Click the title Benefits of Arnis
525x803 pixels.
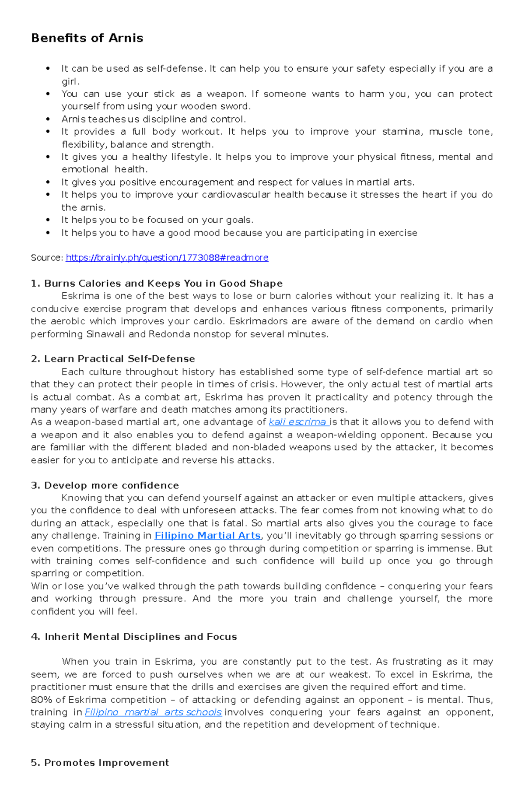87,38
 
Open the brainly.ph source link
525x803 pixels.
167,258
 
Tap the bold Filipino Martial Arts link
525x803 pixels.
208,536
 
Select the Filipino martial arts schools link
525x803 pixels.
153,712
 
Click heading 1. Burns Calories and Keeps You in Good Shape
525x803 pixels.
157,283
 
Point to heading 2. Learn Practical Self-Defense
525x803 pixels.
113,359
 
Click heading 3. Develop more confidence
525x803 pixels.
105,485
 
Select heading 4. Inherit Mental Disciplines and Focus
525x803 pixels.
134,637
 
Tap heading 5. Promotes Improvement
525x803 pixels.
100,763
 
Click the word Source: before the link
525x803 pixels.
47,258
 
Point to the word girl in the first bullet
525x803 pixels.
70,81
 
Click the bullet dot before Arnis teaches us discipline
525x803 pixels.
48,119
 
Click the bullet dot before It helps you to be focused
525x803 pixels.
48,220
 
